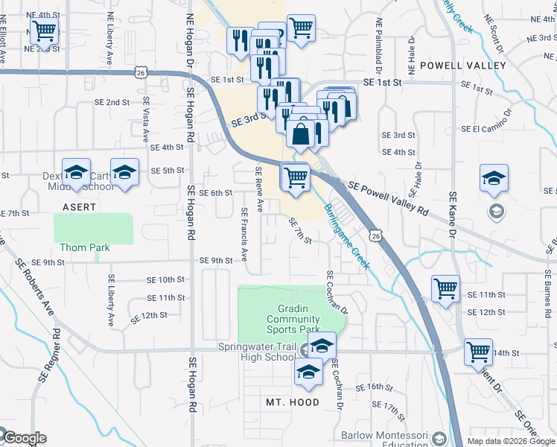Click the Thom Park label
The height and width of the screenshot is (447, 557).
click(84, 247)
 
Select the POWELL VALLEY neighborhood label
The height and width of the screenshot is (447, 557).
click(462, 66)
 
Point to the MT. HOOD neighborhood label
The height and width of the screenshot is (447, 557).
click(293, 402)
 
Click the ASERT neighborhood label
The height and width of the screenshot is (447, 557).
click(78, 206)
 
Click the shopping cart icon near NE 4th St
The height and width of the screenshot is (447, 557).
click(44, 31)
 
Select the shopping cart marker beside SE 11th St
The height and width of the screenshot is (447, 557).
click(445, 288)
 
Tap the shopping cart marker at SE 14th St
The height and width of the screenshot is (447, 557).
click(478, 352)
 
